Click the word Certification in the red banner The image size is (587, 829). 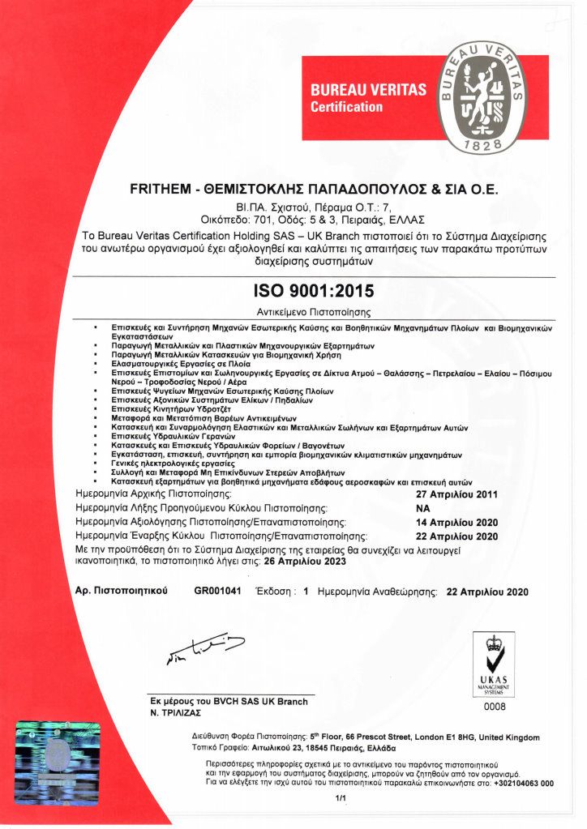tap(346, 107)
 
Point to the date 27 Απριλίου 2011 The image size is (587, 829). tap(456, 494)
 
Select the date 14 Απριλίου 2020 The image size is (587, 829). tap(456, 522)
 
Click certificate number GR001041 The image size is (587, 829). tap(218, 592)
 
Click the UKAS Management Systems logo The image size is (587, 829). tap(494, 664)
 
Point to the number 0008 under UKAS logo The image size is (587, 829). tap(494, 707)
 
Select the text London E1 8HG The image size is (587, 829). tap(457, 737)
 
